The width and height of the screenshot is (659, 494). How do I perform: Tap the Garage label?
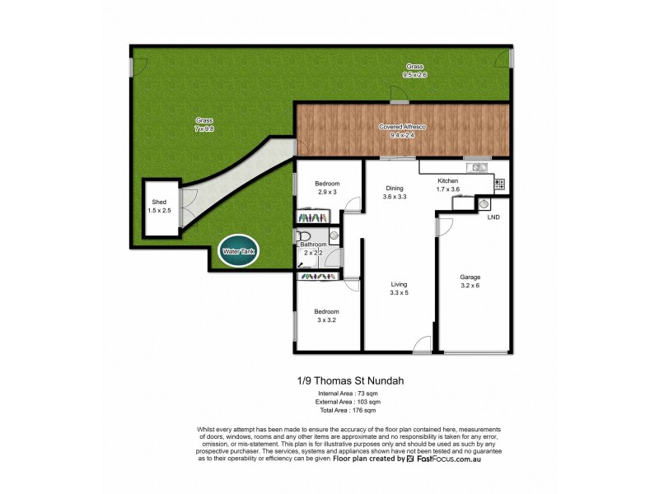click(470, 277)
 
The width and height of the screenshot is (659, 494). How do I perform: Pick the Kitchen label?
click(447, 180)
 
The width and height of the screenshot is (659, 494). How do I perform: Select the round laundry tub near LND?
click(484, 203)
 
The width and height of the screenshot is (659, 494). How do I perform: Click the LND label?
click(493, 218)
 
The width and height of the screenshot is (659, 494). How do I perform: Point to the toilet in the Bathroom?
click(305, 235)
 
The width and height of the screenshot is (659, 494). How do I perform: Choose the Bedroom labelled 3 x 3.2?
click(327, 316)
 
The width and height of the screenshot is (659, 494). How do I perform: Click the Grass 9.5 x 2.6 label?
click(415, 70)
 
